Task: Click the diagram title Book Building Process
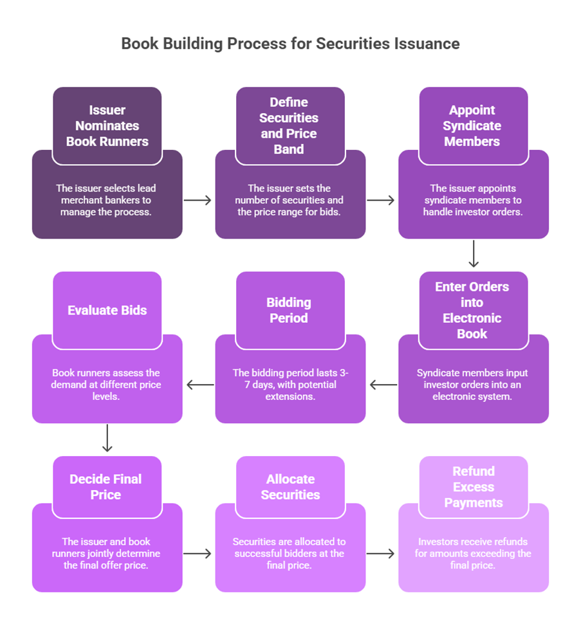click(290, 44)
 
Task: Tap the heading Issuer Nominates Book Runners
click(107, 125)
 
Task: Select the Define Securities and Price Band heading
click(289, 125)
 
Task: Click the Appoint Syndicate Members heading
click(472, 125)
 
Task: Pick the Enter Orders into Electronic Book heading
click(472, 310)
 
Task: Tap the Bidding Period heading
click(289, 310)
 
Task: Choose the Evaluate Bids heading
click(107, 310)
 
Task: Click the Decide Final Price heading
click(106, 487)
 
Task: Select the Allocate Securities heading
click(290, 487)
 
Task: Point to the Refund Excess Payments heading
click(474, 487)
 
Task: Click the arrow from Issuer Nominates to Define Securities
click(198, 200)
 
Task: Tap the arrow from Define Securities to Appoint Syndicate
click(380, 200)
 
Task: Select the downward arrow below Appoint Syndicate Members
click(474, 254)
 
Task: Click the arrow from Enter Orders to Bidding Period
click(383, 385)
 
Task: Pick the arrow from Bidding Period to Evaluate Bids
click(200, 385)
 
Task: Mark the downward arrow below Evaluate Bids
click(107, 438)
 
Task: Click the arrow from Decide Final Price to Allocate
click(198, 553)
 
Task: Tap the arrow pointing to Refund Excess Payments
click(380, 553)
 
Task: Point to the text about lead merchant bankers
click(106, 200)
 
